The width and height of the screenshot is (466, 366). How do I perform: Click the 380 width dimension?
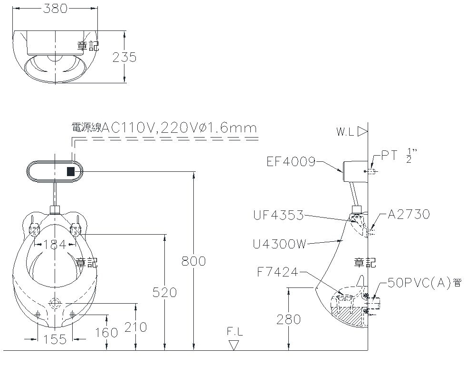[x=55, y=9]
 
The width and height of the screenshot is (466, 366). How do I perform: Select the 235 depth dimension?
[x=124, y=57]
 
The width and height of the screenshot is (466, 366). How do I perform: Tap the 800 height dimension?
[x=193, y=261]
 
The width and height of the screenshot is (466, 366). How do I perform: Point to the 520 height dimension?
[x=164, y=292]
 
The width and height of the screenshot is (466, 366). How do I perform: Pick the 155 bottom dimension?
[x=55, y=339]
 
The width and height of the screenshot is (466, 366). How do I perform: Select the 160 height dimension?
[x=106, y=332]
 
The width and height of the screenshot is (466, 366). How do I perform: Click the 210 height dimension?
[x=136, y=327]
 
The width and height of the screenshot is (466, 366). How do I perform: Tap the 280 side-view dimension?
[x=288, y=319]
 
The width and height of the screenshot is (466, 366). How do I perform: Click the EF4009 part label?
[x=291, y=162]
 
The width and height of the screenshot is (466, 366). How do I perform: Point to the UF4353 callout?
[x=278, y=215]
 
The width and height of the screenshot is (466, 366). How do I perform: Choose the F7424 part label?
[x=277, y=273]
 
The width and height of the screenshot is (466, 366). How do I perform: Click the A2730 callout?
[x=409, y=214]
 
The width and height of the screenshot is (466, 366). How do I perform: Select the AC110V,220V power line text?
[x=164, y=128]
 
